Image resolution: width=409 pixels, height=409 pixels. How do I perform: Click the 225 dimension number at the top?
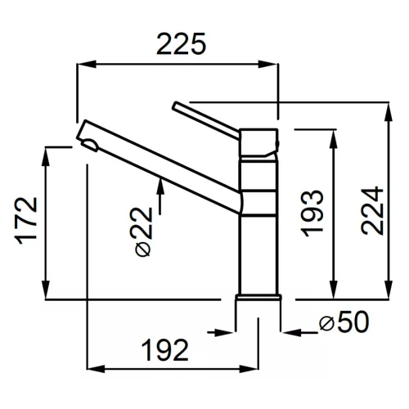[x=181, y=43]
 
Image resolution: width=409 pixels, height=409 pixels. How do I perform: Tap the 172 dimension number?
[x=27, y=220]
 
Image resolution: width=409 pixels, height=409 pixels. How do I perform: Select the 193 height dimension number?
[x=312, y=213]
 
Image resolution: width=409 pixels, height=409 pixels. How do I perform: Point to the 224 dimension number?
[x=372, y=210]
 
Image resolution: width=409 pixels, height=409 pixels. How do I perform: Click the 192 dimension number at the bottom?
[x=165, y=350]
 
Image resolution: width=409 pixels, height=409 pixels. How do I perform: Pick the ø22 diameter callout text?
[x=143, y=231]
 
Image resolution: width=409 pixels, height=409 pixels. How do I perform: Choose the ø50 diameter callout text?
[x=344, y=322]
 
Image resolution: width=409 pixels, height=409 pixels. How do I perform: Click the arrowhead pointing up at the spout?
[x=161, y=186]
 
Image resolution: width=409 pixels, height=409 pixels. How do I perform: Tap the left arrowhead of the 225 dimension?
[x=87, y=65]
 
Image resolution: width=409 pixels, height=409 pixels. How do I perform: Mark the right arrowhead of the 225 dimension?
[x=268, y=65]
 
